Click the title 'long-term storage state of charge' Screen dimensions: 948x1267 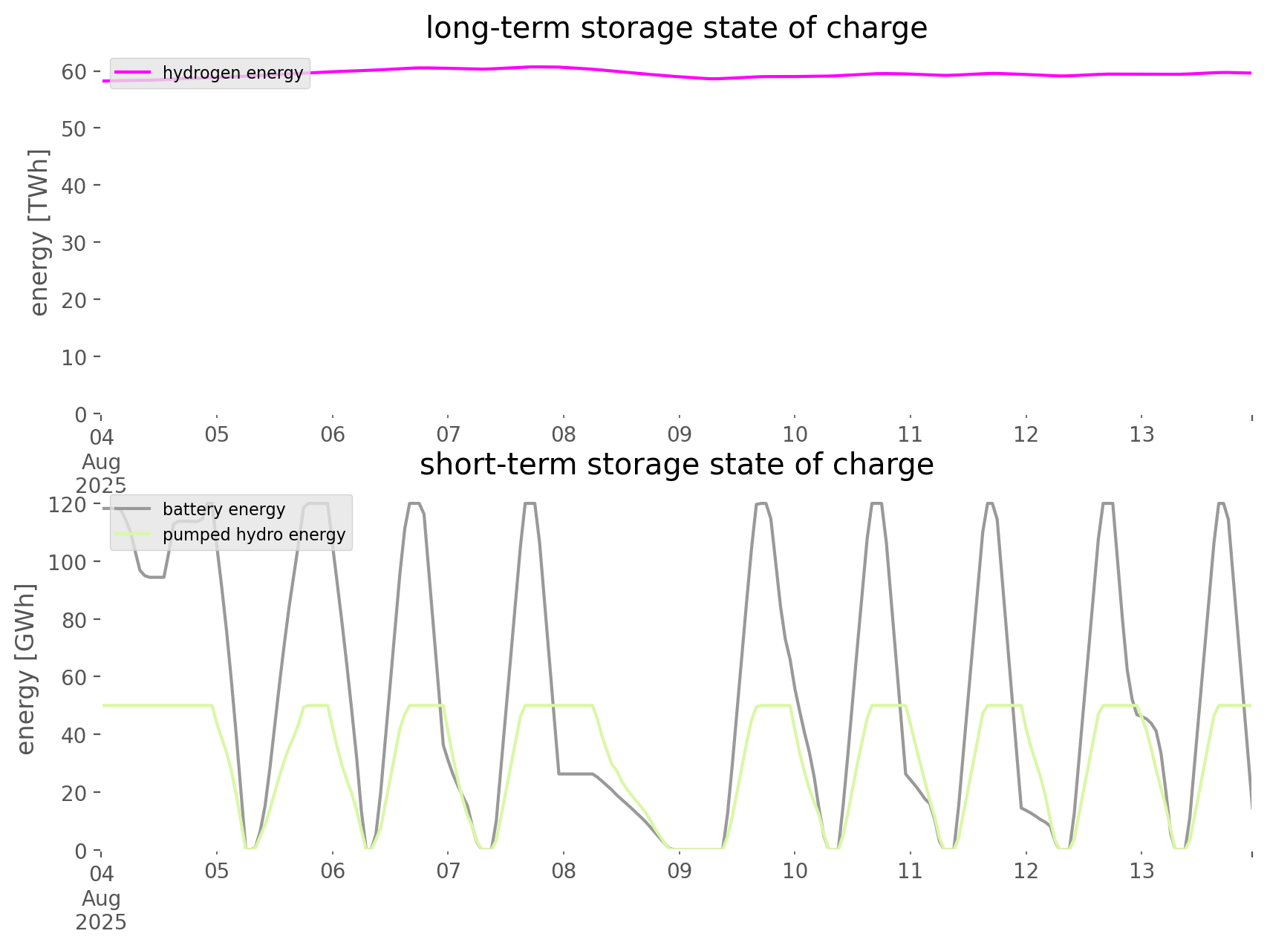[676, 28]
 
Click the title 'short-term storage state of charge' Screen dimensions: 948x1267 [676, 465]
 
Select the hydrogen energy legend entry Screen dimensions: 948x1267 [232, 73]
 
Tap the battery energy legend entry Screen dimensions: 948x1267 [224, 509]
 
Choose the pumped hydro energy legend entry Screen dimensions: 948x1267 [253, 535]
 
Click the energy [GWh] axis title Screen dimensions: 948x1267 [26, 669]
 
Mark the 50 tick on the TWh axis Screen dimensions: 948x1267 [74, 128]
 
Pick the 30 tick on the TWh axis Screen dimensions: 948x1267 [74, 243]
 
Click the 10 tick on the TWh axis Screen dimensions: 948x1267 [74, 357]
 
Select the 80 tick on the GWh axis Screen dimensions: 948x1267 [74, 619]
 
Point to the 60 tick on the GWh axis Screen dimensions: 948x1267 [74, 677]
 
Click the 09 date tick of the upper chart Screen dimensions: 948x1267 [679, 434]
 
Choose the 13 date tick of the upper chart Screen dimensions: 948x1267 [1141, 434]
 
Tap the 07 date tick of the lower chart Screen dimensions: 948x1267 [448, 870]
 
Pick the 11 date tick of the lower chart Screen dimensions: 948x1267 [911, 870]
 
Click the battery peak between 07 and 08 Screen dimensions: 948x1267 [530, 504]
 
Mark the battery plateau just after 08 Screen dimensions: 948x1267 [576, 774]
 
